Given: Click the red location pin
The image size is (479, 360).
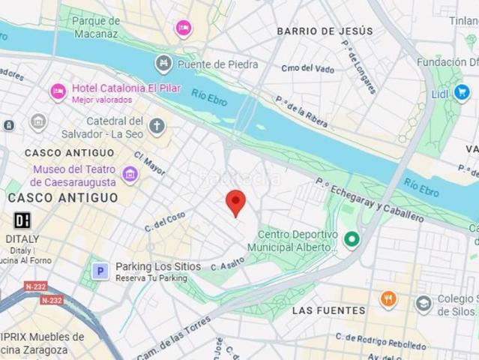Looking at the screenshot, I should (236, 202).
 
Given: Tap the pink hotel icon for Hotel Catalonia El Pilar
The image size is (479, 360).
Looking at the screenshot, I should (58, 92).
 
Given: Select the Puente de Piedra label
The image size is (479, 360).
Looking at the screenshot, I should (218, 64).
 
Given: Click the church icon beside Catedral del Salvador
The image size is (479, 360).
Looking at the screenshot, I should (157, 126).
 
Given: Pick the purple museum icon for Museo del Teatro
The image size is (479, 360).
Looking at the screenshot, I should (130, 175).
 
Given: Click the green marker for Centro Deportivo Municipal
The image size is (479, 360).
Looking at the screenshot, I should (351, 240).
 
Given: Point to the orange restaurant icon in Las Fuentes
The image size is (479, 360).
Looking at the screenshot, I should (388, 301).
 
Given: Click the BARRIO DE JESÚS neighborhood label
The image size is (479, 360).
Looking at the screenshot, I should (325, 31).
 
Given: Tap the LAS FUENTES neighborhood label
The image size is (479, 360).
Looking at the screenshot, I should (328, 310).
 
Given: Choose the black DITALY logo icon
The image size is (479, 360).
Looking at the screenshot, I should (22, 220).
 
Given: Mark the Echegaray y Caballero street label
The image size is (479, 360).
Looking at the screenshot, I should (370, 200).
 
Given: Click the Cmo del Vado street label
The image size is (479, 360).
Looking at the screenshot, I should (307, 68).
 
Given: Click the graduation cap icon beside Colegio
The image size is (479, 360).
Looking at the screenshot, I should (424, 304).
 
